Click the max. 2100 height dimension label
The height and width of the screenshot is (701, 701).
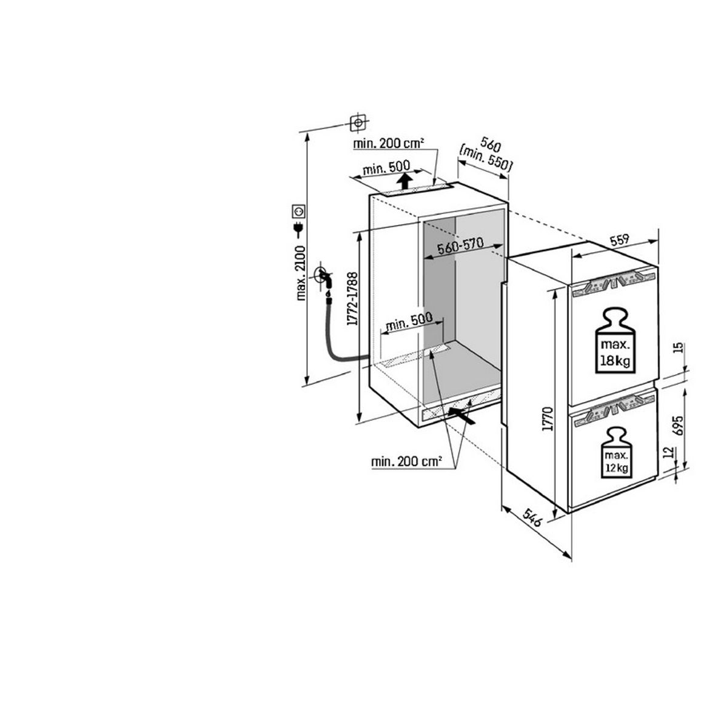point(301,273)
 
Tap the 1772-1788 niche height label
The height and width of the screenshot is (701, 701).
point(352,298)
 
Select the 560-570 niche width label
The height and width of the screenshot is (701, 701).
point(460,246)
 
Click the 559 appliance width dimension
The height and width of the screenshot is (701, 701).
point(619,240)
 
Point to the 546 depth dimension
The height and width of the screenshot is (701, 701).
point(532,517)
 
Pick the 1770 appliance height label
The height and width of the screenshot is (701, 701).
point(548,418)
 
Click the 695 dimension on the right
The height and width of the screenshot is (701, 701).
point(678,426)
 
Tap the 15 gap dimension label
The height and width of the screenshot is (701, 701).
point(678,348)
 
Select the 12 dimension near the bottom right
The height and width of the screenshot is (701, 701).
point(669,452)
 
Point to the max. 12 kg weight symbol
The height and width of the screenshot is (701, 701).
point(617,453)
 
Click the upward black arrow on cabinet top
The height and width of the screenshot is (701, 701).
point(405,181)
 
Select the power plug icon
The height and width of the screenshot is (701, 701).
point(298,230)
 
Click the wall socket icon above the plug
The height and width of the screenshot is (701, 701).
point(298,210)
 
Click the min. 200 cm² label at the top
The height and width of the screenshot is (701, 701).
point(389,144)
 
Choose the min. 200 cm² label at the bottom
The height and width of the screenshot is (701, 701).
point(406,461)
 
